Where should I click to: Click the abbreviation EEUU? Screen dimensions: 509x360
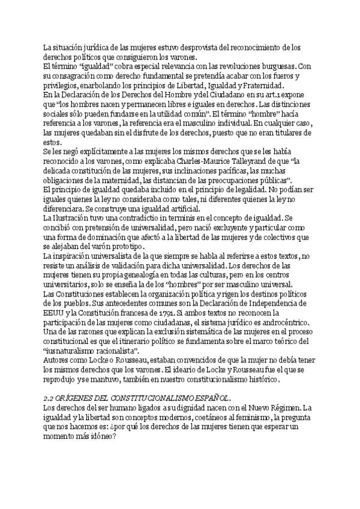(x=53, y=313)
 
